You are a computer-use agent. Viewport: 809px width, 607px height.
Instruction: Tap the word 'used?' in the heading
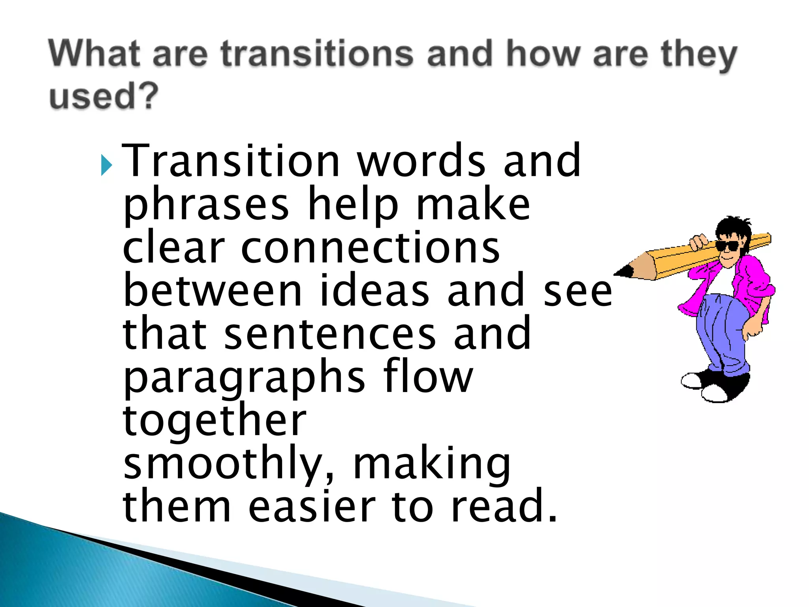point(103,96)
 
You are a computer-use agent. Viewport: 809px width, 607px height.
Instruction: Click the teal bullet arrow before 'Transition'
point(106,165)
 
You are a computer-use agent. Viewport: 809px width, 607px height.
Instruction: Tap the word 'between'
point(213,291)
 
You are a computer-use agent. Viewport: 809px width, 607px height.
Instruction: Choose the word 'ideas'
point(374,291)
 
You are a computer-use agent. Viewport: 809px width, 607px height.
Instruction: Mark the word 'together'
point(214,421)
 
